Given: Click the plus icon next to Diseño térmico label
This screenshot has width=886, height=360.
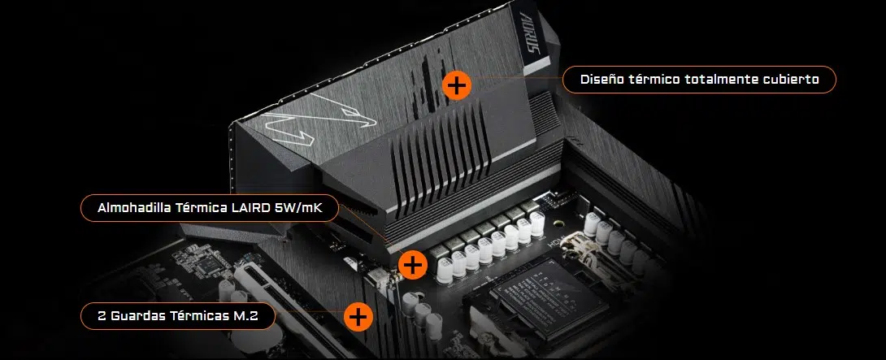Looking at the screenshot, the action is coord(457,85).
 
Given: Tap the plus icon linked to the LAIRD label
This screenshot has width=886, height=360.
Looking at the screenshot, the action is coord(413,264).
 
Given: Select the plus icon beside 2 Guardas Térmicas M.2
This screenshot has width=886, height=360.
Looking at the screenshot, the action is coord(358,316).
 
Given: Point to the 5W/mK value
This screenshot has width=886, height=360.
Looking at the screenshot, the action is coord(298,207).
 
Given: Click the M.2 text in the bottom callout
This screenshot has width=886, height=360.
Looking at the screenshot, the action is coord(245,316).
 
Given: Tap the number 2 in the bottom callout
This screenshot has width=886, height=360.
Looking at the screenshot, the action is coord(102,316).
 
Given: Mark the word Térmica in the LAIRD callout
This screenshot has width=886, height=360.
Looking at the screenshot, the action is coord(202,207).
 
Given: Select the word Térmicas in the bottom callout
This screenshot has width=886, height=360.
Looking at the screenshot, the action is coord(198,316).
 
